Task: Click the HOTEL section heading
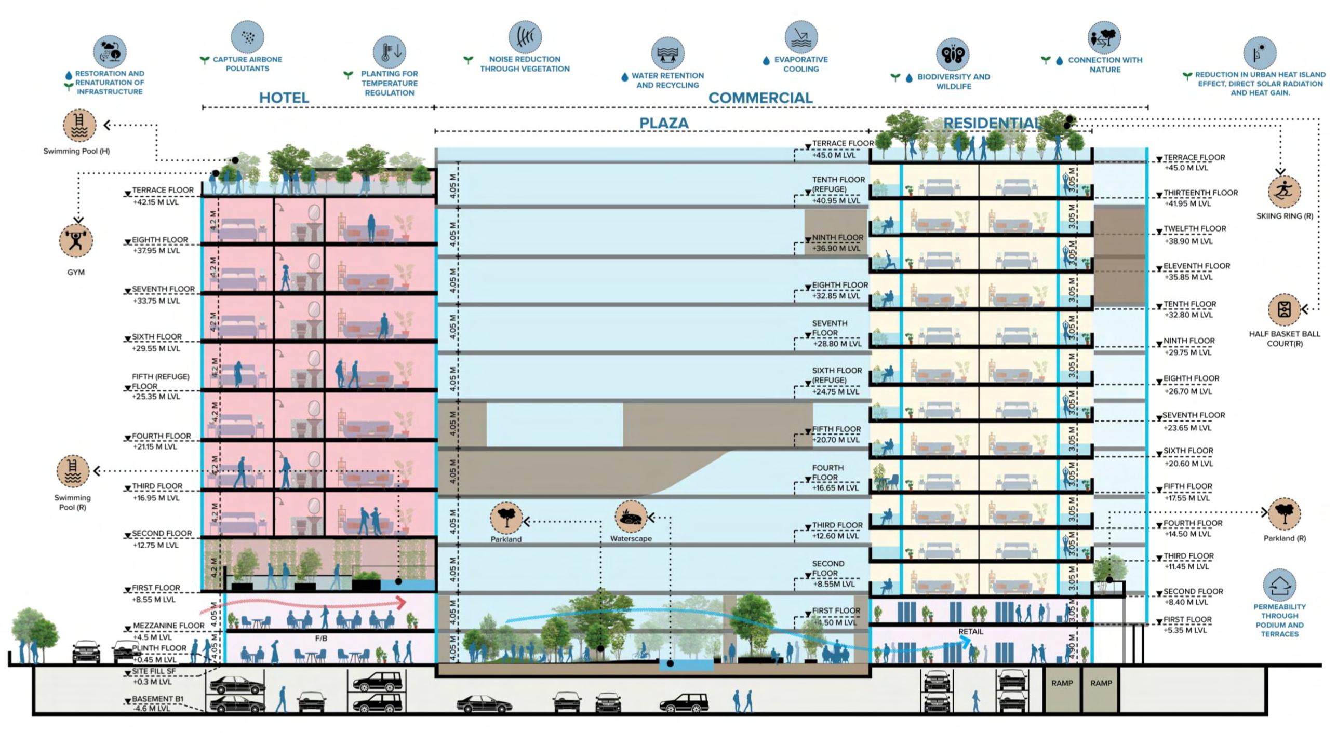[x=284, y=98]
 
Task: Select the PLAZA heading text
[x=663, y=124]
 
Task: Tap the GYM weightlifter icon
[x=76, y=241]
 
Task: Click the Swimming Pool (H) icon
[x=79, y=126]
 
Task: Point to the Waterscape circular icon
[x=631, y=517]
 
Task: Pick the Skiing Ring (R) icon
[x=1284, y=192]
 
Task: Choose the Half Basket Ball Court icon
[x=1284, y=310]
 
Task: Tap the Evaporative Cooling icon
[x=801, y=37]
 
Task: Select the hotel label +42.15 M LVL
[x=156, y=202]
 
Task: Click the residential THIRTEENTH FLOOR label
[x=1200, y=193]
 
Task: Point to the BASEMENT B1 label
[x=157, y=699]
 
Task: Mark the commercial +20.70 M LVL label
[x=835, y=440]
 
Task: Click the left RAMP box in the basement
[x=1062, y=683]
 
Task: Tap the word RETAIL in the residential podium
[x=970, y=632]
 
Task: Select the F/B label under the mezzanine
[x=321, y=639]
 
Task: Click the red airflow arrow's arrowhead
[x=400, y=603]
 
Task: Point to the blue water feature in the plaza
[x=686, y=664]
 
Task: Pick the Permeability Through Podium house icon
[x=1279, y=586]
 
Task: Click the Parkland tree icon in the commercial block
[x=506, y=518]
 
